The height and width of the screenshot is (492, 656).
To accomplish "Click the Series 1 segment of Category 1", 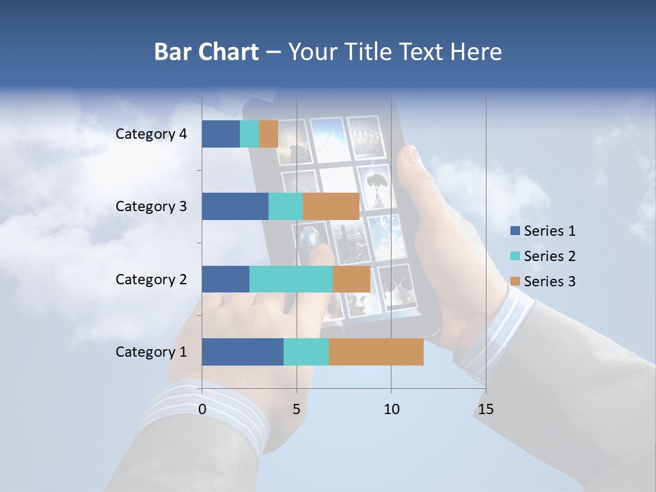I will [x=243, y=352].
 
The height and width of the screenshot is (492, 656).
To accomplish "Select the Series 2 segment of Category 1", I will [x=306, y=352].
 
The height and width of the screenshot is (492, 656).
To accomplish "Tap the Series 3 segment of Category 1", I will [x=376, y=352].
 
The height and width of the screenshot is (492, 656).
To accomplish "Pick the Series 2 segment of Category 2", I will [x=291, y=279].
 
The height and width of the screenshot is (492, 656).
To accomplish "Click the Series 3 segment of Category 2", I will [x=351, y=279].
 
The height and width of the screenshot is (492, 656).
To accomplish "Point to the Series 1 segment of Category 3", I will [x=235, y=206].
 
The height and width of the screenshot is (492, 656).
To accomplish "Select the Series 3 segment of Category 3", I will [x=331, y=206].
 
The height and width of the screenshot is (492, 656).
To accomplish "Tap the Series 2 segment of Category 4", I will [x=249, y=134].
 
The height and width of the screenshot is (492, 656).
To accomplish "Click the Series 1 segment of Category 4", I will [x=221, y=134].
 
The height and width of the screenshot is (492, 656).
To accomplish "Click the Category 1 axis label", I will [x=151, y=352].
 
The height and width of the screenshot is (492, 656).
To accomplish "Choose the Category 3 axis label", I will [x=151, y=206].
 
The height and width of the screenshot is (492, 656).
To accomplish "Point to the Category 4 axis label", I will [x=151, y=134].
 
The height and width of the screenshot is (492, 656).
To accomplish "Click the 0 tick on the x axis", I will [x=202, y=409].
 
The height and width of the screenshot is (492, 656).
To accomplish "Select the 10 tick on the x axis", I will [x=391, y=409].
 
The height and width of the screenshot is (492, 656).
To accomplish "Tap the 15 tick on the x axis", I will [x=485, y=409].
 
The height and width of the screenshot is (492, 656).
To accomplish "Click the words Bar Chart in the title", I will [x=206, y=52].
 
